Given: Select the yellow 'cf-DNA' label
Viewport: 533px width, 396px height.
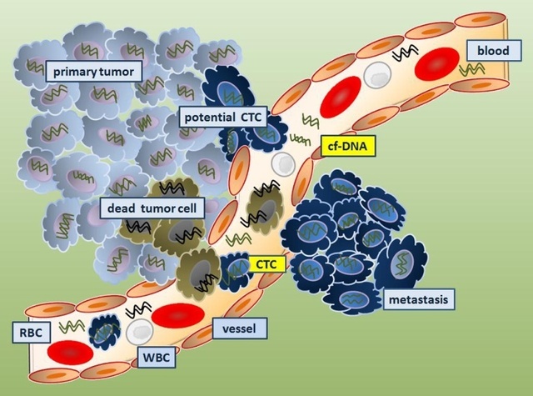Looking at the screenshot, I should coord(344,148).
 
